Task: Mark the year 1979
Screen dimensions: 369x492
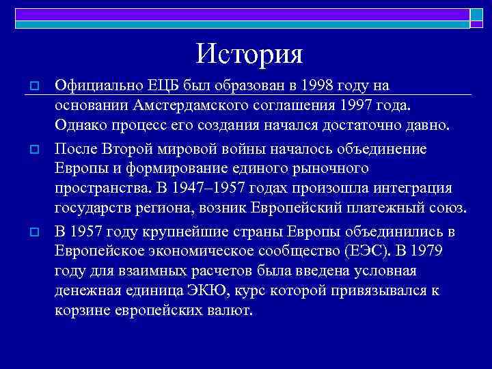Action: point(427,250)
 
